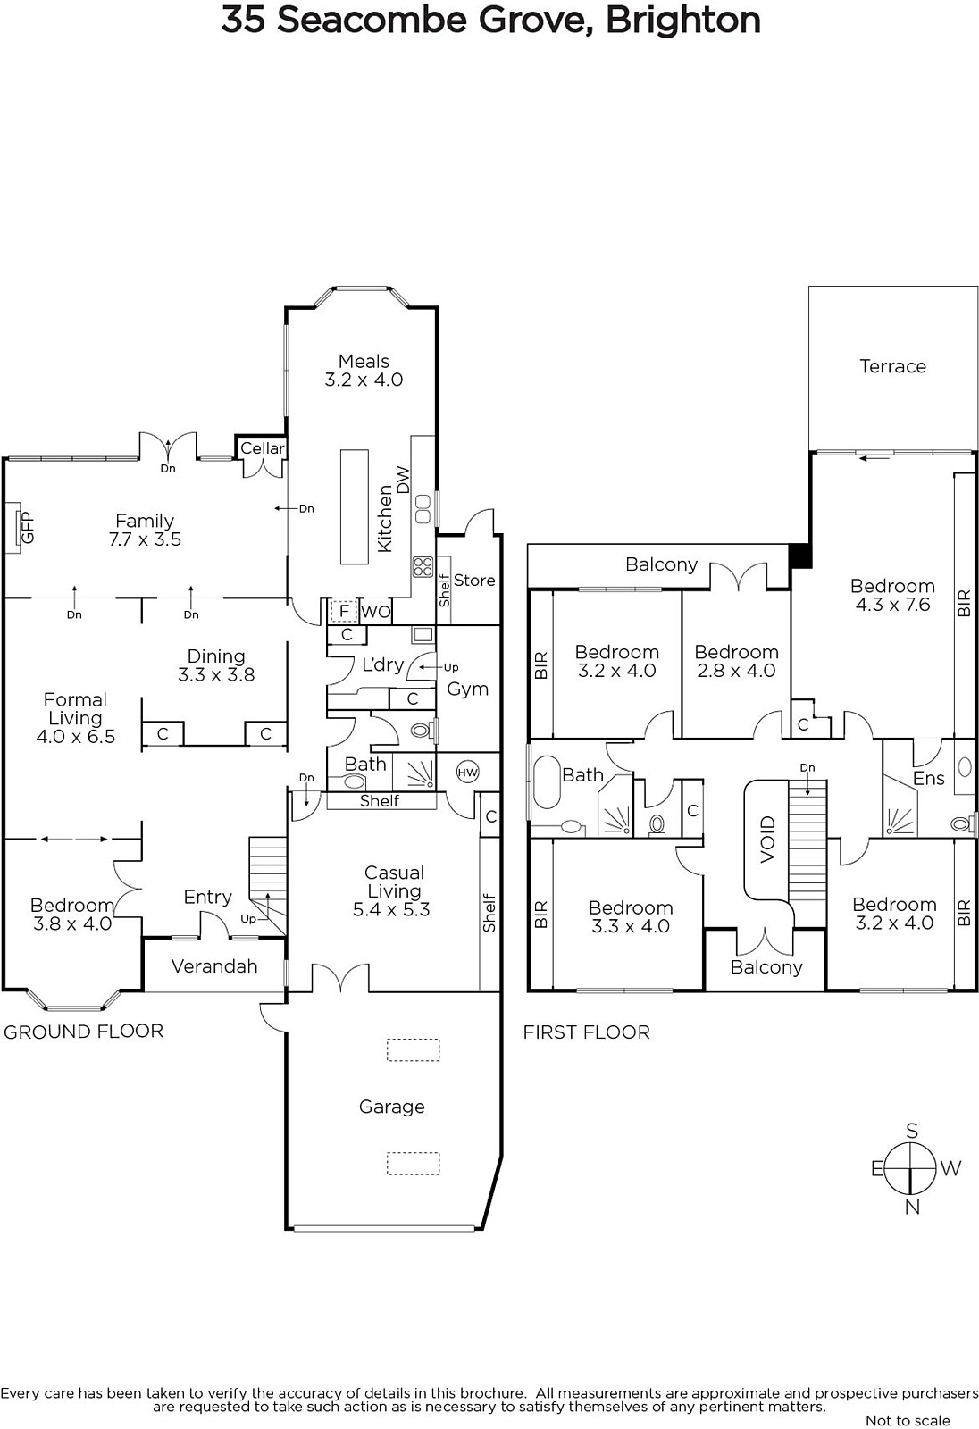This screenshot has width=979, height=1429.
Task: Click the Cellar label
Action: [263, 448]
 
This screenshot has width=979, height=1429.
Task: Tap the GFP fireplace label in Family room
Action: [27, 528]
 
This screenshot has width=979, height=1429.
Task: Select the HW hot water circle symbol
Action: [468, 773]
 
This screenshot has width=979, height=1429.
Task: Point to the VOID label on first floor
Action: [768, 840]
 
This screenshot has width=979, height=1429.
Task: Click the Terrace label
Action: [892, 366]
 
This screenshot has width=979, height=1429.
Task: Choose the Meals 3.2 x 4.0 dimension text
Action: [364, 380]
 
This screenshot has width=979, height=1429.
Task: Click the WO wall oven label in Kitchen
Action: [375, 612]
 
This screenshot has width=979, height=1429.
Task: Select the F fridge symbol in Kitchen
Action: [344, 612]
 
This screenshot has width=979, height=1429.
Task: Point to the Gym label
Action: [468, 689]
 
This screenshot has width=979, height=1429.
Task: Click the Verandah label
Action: [214, 965]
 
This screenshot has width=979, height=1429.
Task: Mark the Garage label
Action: [392, 1107]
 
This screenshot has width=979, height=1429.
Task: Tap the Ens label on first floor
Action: [929, 778]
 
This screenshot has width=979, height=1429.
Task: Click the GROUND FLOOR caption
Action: [84, 1032]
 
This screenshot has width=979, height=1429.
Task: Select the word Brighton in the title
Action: [682, 20]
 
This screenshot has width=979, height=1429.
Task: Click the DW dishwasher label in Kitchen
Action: [404, 481]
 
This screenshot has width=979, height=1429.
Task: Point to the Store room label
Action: [474, 581]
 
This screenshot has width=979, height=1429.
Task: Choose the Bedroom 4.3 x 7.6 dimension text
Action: [893, 605]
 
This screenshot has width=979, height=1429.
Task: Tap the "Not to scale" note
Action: [908, 1421]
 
